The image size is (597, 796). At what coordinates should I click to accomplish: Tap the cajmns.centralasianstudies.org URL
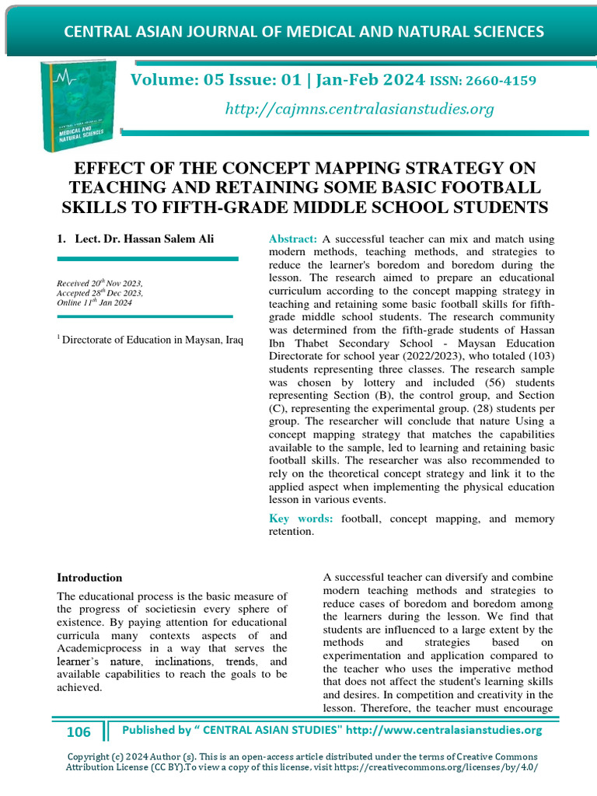tap(359, 109)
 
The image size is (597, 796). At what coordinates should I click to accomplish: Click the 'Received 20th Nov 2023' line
tap(99, 284)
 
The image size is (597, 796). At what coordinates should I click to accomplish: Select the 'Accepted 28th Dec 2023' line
tap(99, 293)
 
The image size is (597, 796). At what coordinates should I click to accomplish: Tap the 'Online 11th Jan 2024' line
tap(95, 302)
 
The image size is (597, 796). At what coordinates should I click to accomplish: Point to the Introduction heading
tap(90, 578)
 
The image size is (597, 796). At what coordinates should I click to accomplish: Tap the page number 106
tap(79, 731)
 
